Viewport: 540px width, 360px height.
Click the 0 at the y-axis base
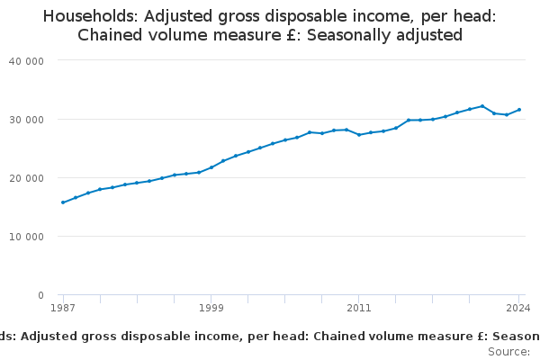point(41,295)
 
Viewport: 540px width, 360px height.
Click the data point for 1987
point(63,202)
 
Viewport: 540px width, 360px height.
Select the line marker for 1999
point(211,167)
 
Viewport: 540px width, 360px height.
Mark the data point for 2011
point(359,134)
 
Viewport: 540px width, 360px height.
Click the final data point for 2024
point(519,110)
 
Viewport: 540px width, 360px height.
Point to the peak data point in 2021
point(482,106)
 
